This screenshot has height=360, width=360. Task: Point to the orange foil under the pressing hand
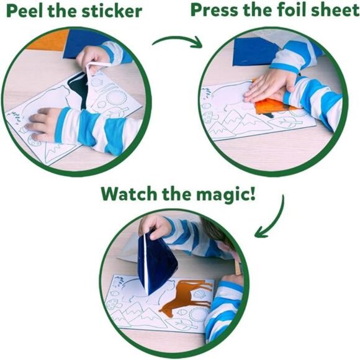click(x=276, y=106)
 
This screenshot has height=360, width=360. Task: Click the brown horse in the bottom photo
click(x=187, y=298)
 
